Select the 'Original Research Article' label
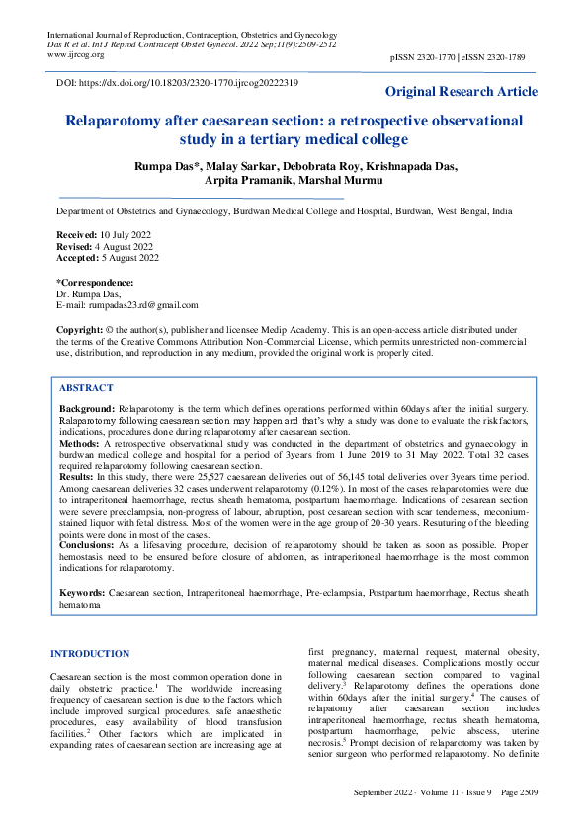pos(462,92)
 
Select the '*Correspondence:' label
pos(96,283)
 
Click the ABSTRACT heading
pos(86,388)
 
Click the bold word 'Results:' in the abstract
pos(78,475)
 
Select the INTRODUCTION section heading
pos(89,653)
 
